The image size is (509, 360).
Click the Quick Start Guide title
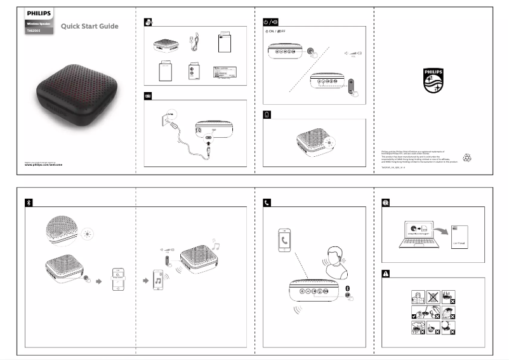[89, 26]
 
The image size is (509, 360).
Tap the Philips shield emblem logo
[433, 81]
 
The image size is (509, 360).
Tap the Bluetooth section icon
[28, 203]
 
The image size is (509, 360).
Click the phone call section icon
[267, 203]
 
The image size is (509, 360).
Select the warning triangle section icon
[386, 274]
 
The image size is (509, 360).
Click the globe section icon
[386, 203]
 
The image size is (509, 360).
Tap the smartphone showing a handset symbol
[287, 241]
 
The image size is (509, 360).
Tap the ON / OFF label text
[275, 31]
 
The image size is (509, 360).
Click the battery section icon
[267, 115]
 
